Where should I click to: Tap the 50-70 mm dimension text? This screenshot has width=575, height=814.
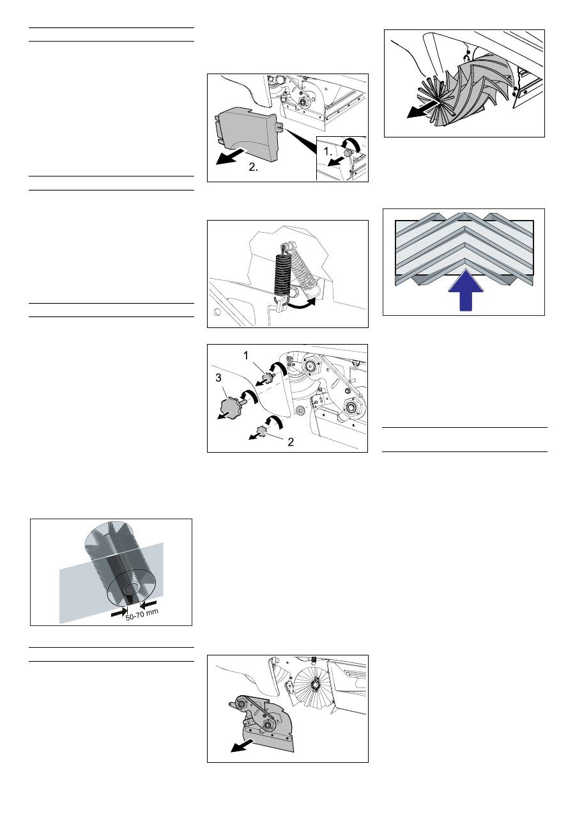[142, 615]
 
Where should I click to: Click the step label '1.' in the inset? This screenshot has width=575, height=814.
[328, 151]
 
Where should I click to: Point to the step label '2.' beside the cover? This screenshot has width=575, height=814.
[254, 167]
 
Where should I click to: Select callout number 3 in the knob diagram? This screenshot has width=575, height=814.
[218, 378]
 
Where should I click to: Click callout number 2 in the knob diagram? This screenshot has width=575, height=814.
[291, 442]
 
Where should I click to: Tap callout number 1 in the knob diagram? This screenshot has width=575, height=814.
[246, 356]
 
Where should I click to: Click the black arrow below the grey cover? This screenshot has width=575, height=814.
[231, 157]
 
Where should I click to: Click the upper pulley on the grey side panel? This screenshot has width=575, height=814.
[240, 712]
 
